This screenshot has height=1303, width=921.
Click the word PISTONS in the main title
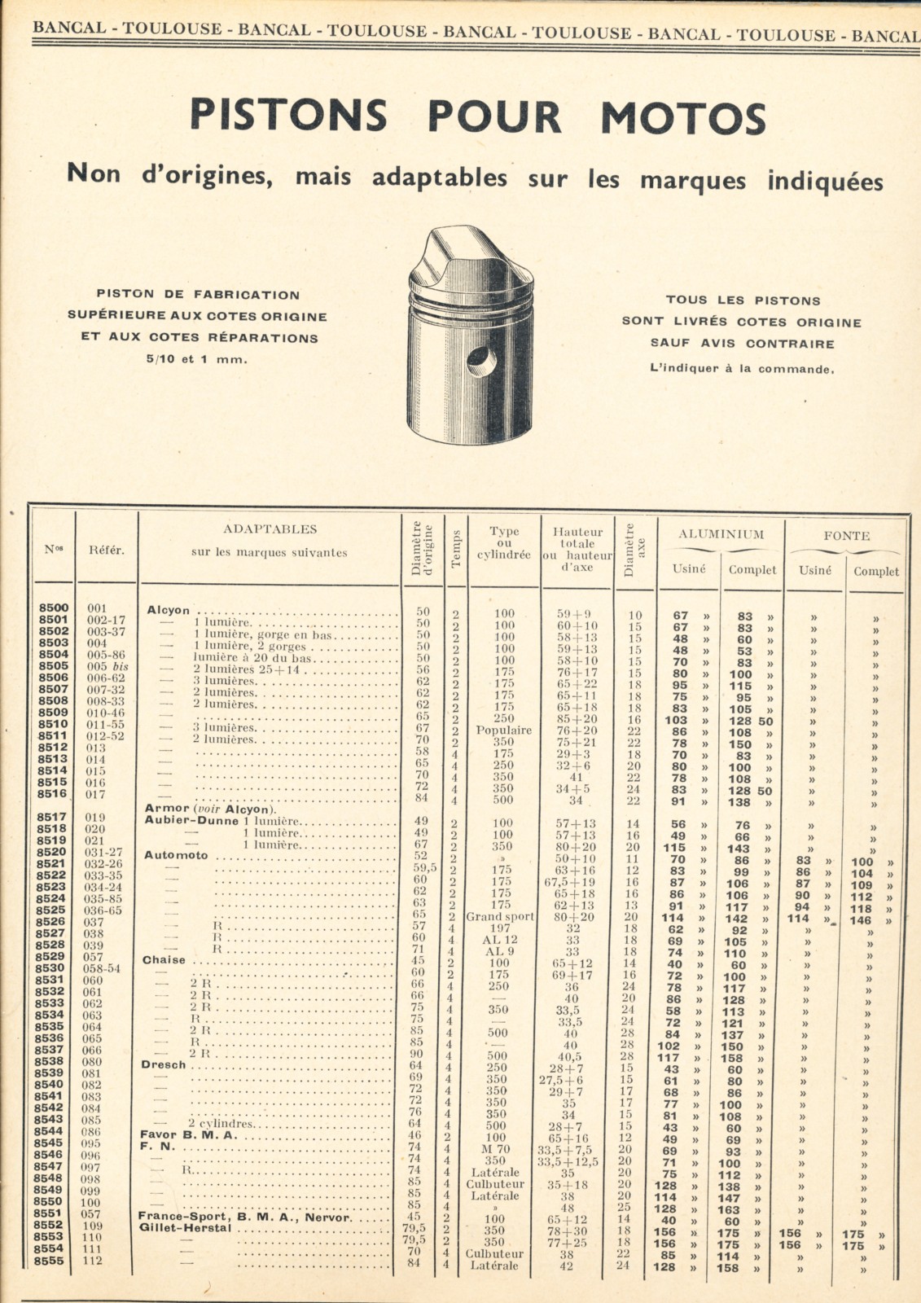pyautogui.click(x=288, y=116)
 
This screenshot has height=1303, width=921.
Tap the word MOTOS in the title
pyautogui.click(x=683, y=117)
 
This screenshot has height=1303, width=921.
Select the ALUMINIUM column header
pyautogui.click(x=721, y=534)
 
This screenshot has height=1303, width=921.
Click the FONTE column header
pyautogui.click(x=846, y=535)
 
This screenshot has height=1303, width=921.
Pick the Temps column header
pyautogui.click(x=456, y=548)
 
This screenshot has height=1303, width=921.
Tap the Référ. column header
pyautogui.click(x=107, y=550)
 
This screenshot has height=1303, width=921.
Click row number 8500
pyautogui.click(x=54, y=608)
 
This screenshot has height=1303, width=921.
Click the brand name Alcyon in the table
pyautogui.click(x=169, y=610)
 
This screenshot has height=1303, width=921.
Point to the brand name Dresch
pyautogui.click(x=163, y=1064)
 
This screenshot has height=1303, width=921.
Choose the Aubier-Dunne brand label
pyautogui.click(x=191, y=820)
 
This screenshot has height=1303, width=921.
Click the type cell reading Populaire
pyautogui.click(x=503, y=730)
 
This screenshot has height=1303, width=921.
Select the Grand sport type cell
pyautogui.click(x=500, y=916)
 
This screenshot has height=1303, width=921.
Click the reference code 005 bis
pyautogui.click(x=107, y=665)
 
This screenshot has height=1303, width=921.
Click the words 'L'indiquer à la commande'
pyautogui.click(x=742, y=368)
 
